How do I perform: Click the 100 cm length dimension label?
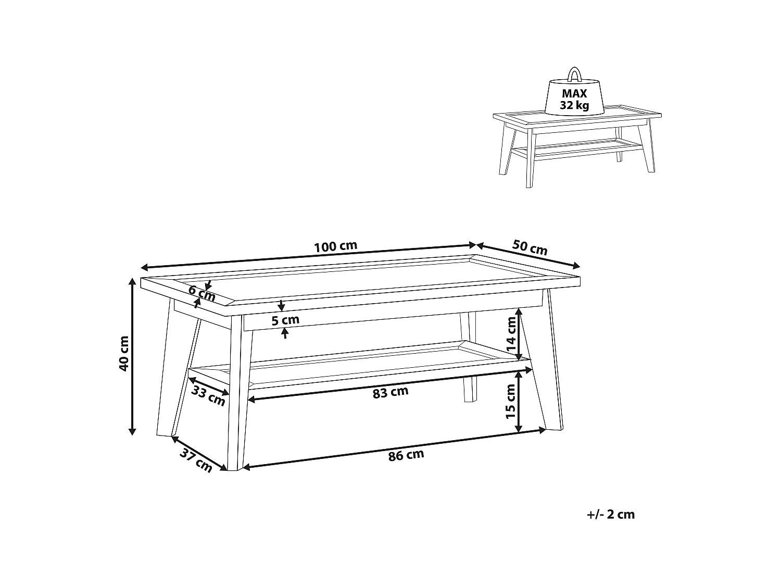[x=335, y=246]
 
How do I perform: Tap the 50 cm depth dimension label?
[x=530, y=247]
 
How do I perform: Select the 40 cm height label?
[x=124, y=354]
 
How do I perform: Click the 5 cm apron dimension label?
[x=285, y=320]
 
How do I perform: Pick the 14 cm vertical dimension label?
[x=511, y=334]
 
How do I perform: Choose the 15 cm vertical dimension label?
[x=510, y=401]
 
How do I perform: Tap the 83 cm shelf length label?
[x=391, y=392]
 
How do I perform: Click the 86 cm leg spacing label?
[x=406, y=455]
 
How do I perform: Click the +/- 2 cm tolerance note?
[x=611, y=515]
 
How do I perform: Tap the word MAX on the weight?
[x=574, y=94]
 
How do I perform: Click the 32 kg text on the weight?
[x=574, y=105]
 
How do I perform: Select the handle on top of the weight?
[x=574, y=73]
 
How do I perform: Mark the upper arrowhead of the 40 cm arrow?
[x=132, y=281]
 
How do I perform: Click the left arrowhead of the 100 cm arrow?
[x=144, y=268]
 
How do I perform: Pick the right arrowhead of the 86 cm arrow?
[x=542, y=431]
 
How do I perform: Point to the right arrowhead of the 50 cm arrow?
[x=576, y=266]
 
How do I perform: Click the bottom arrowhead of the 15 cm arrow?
[x=519, y=428]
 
